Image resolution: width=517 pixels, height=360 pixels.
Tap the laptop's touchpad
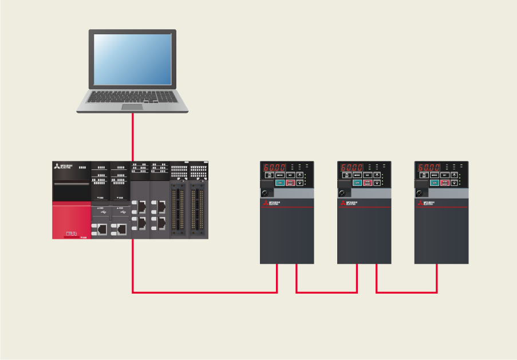click(132, 106)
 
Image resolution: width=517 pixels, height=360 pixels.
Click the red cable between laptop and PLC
click(133, 137)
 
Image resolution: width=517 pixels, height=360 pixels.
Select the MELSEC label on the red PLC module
click(71, 233)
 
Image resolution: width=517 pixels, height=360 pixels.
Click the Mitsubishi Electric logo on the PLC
click(65, 168)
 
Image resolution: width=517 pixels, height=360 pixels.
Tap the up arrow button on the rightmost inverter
click(453, 175)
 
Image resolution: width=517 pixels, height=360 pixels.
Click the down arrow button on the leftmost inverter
click(299, 183)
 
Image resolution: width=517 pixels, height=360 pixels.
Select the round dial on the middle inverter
click(343, 193)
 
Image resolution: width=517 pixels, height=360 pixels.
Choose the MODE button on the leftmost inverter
click(280, 175)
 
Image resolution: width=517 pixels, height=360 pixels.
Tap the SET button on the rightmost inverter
click(444, 175)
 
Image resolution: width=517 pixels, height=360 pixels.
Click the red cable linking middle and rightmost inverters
click(407, 292)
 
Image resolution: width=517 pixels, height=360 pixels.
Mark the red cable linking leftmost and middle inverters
click(326, 292)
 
